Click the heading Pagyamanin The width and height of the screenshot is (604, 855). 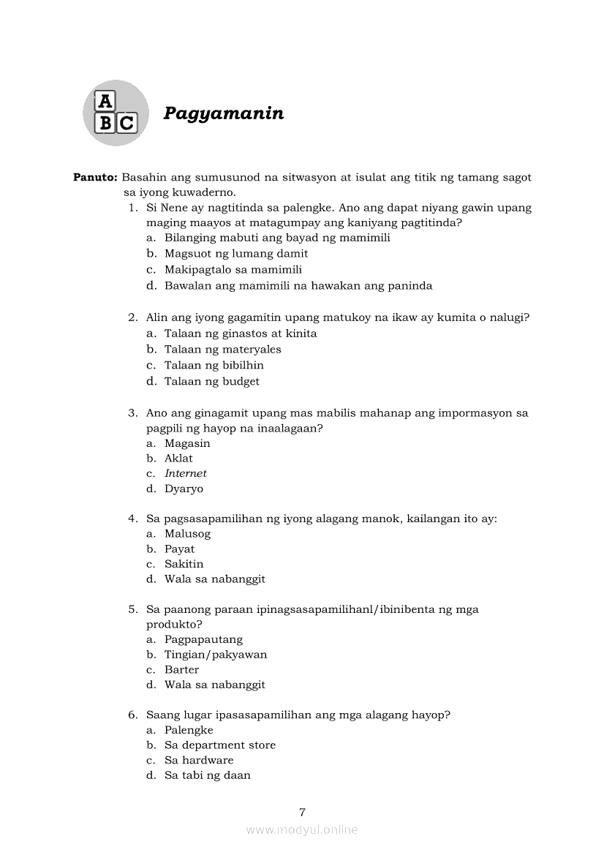click(224, 113)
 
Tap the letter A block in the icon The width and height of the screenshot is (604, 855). click(106, 101)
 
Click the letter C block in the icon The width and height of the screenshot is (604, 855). click(127, 123)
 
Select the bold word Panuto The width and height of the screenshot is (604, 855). click(95, 177)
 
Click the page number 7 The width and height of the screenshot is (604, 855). click(302, 811)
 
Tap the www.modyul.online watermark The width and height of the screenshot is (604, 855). click(302, 829)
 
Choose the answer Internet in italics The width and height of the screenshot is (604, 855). click(186, 473)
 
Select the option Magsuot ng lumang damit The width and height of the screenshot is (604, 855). click(236, 253)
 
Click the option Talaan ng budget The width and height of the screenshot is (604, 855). click(212, 381)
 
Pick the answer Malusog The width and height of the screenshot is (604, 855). click(187, 534)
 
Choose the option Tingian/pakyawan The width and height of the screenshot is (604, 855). click(216, 655)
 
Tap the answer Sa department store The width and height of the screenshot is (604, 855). click(220, 745)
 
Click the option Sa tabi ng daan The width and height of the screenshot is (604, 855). click(208, 775)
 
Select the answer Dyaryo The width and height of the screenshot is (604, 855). click(184, 489)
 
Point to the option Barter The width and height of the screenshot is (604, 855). click(181, 669)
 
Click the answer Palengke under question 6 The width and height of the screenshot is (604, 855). click(189, 730)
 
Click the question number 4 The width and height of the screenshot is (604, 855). click(132, 519)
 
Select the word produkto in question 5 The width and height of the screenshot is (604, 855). click(173, 625)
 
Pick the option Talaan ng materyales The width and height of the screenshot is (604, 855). click(223, 349)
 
